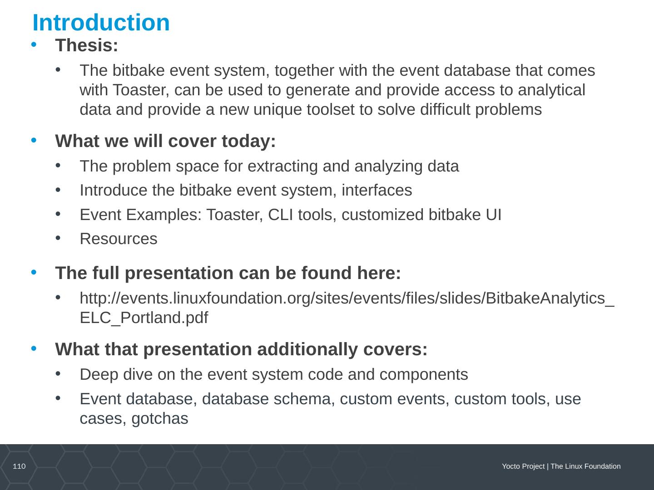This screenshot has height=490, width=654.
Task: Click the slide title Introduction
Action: coord(101,23)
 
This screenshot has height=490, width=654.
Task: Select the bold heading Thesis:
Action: coord(86,45)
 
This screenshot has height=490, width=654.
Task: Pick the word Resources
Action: coord(119,239)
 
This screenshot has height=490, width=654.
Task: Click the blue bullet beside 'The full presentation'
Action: coord(34,272)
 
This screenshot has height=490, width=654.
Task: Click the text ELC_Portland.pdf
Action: coord(144,318)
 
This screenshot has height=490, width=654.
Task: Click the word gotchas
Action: coord(159,419)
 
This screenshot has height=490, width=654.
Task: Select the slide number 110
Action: coord(19,466)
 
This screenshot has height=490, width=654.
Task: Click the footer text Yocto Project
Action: coord(523,466)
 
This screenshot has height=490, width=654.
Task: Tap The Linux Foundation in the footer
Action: coord(585,466)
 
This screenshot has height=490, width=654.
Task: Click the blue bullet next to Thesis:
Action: coord(34,44)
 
